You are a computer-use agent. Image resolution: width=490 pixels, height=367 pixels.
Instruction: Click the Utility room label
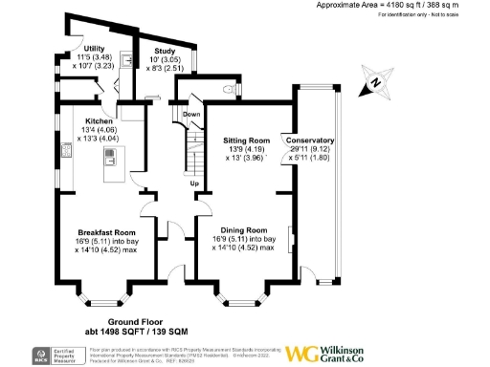[x=94, y=48]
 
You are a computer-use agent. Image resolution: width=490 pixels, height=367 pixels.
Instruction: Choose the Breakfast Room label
[x=106, y=232]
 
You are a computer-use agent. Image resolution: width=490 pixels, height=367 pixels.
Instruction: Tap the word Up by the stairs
[x=194, y=183]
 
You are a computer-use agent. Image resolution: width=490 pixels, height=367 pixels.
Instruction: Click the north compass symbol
[x=374, y=82]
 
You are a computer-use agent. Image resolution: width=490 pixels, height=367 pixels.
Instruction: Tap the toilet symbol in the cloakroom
[x=234, y=90]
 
